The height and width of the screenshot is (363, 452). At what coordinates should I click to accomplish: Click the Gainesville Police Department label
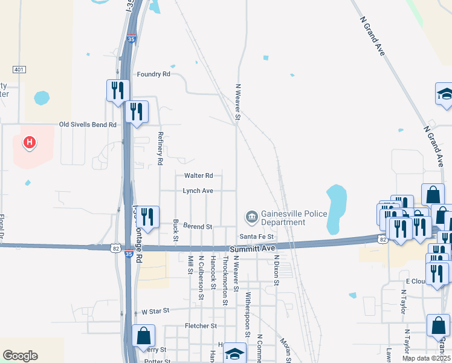coord(294,218)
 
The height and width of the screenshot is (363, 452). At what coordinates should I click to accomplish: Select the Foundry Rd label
coord(153,74)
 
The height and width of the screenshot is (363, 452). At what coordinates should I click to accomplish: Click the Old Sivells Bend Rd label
coord(88,125)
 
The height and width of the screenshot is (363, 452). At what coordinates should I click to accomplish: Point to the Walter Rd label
coord(199,175)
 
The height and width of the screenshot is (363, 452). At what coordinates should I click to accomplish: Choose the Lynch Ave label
coord(199,191)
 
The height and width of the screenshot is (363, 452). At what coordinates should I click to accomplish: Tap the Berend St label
coord(198,226)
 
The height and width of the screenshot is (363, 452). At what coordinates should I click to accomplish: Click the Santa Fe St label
coord(257,236)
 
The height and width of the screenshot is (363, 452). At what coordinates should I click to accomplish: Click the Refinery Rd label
coord(160,149)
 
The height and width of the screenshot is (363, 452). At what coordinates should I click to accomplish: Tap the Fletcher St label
coord(201,325)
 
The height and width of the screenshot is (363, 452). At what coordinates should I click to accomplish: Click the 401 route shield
coord(19,70)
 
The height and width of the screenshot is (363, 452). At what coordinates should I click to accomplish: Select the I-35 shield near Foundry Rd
coord(132,39)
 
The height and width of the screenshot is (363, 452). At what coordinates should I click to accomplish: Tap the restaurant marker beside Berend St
coord(148,217)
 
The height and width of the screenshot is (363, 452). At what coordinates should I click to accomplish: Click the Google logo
coord(20,356)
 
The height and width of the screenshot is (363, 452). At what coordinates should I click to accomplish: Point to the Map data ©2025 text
coord(426,358)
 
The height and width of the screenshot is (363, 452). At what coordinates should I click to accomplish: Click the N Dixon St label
coord(276,269)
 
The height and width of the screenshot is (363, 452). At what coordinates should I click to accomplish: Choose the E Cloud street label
coord(416,281)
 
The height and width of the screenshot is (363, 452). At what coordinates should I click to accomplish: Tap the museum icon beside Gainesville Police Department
coord(251,216)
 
